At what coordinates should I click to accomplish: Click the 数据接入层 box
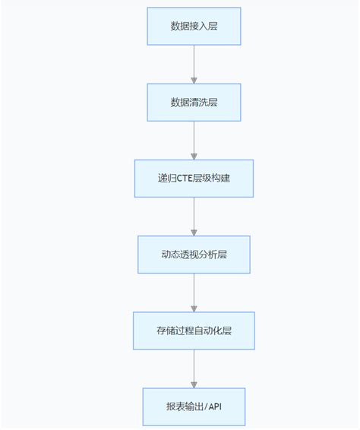[194, 27]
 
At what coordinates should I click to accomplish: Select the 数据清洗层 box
[194, 103]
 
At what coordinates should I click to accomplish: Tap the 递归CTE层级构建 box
[194, 179]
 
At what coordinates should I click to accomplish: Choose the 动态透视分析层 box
[194, 255]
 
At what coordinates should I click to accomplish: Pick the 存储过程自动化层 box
[194, 330]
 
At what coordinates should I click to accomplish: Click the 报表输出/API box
[194, 406]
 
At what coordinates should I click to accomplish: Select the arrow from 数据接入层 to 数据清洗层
[194, 64]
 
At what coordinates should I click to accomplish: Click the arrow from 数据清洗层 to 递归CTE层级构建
[194, 140]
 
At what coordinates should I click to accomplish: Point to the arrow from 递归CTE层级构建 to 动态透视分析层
[194, 216]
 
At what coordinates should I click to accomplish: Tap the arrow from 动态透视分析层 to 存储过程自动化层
[194, 292]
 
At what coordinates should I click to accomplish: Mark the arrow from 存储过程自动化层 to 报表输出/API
[194, 368]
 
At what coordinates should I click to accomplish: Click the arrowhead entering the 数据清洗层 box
[194, 80]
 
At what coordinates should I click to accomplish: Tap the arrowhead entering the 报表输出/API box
[194, 384]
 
